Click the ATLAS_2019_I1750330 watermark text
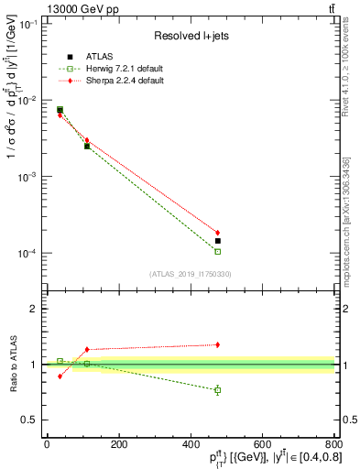[190, 273]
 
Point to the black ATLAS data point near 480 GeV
[218, 241]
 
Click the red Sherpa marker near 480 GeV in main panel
[218, 233]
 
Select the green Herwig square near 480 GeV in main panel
[218, 251]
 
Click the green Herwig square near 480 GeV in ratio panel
[218, 390]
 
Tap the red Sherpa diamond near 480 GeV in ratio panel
[218, 344]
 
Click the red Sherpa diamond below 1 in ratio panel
[60, 376]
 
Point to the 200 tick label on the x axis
[118, 444]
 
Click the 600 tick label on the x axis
[262, 444]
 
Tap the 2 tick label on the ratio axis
[35, 309]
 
